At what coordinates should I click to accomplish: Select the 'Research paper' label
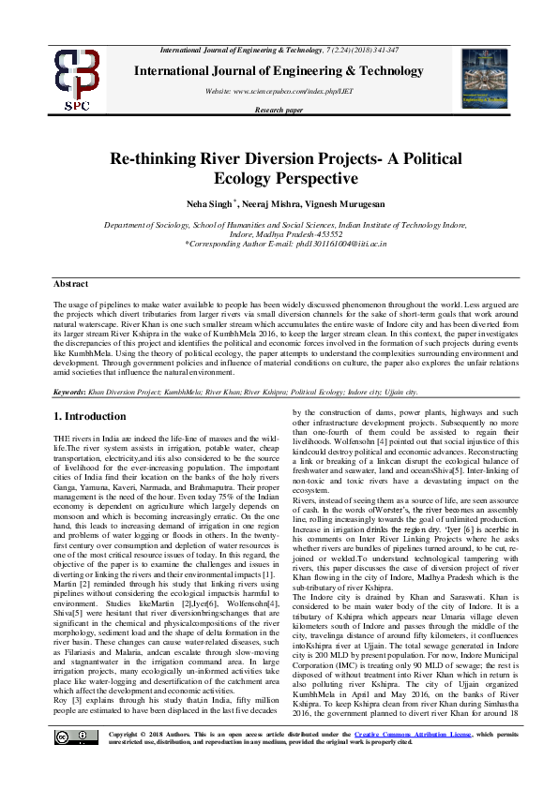(279, 110)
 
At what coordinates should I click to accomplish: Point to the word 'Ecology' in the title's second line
(246, 178)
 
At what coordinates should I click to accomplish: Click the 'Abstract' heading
(70, 283)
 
